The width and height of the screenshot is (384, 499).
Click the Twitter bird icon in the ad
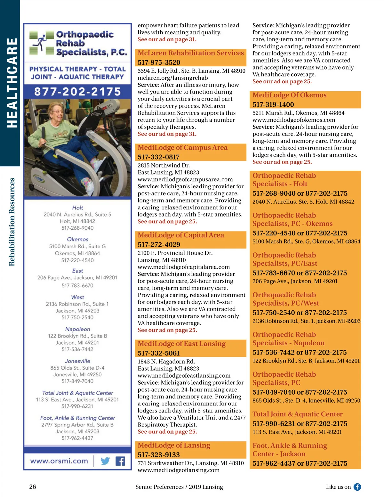click(105, 461)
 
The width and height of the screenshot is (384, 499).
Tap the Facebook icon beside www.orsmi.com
click(120, 461)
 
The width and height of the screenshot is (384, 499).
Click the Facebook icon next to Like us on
click(357, 487)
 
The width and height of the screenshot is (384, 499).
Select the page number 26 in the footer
click(33, 487)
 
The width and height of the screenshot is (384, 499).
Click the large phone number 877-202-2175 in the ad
click(77, 92)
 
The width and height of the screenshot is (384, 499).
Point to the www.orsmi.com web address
click(59, 461)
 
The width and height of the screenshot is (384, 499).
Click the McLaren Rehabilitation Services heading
click(191, 53)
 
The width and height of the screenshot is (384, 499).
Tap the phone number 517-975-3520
click(159, 62)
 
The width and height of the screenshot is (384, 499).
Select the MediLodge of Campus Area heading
click(182, 148)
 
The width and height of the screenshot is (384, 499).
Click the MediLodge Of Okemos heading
click(289, 95)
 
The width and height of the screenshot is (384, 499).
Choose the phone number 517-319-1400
click(273, 104)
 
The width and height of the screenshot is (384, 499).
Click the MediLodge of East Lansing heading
click(181, 344)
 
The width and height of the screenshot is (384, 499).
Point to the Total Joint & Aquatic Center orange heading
click(297, 414)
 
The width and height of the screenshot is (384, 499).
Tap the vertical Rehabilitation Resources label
click(12, 222)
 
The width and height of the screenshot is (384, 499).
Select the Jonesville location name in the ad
click(77, 361)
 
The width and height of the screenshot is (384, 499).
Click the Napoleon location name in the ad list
click(77, 329)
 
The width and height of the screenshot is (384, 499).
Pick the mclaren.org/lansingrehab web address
click(172, 78)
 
